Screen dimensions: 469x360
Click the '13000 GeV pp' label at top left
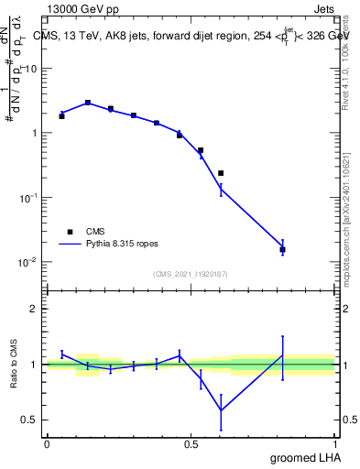tap(81, 8)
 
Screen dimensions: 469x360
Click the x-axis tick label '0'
tap(47, 444)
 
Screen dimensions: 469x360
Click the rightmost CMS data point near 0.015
tap(282, 249)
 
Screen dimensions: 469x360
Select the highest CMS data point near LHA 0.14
tap(87, 103)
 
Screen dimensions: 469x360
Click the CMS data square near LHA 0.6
tap(221, 173)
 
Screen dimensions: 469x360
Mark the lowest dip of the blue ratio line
tap(221, 409)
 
